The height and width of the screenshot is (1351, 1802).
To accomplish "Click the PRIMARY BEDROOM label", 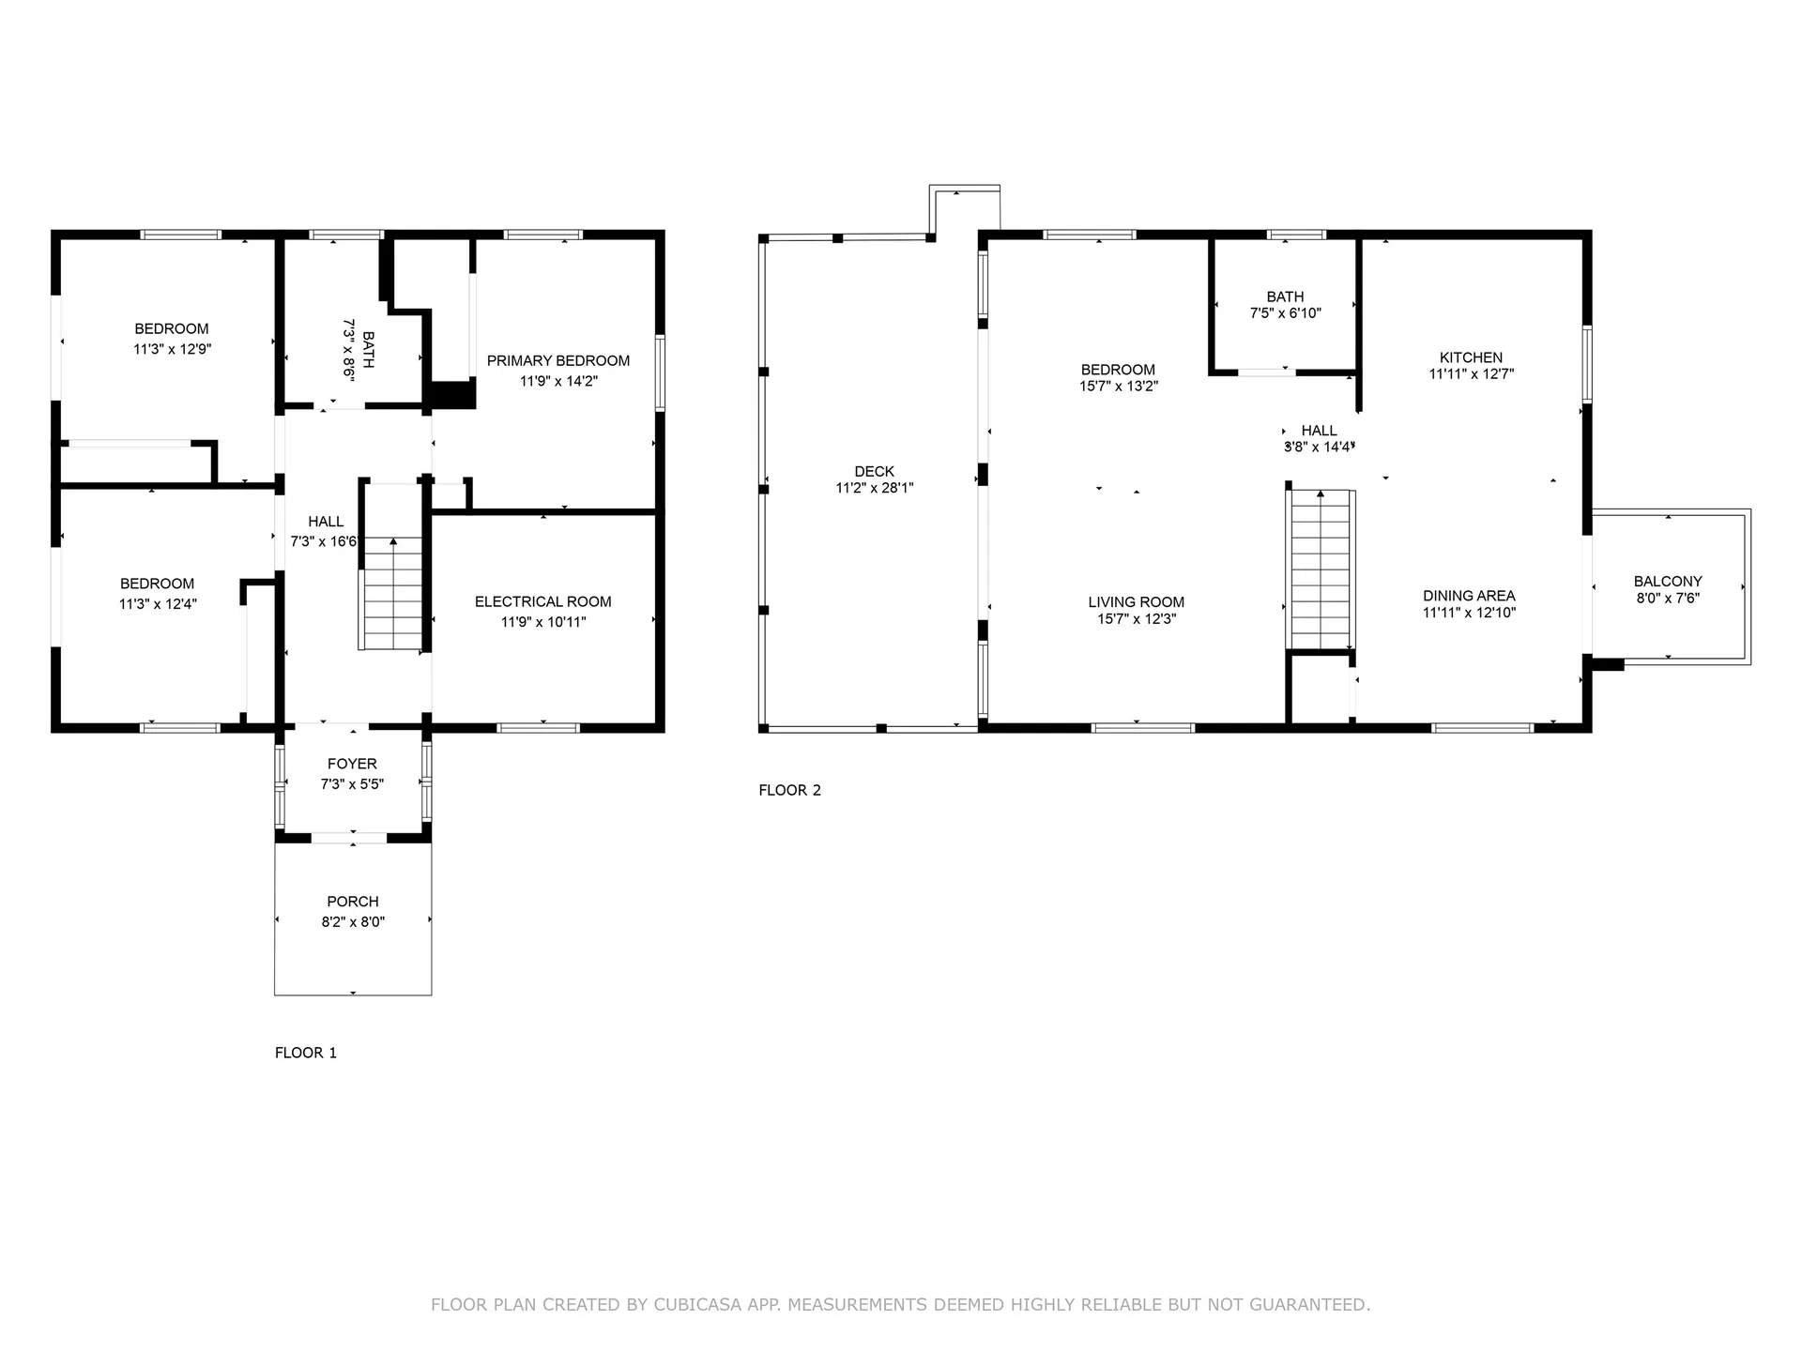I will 557,361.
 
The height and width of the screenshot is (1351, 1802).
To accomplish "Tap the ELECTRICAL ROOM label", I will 542,601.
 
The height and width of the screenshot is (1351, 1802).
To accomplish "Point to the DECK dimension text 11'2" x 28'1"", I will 874,488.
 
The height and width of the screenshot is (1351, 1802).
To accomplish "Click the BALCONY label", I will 1667,581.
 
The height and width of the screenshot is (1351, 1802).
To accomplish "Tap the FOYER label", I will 352,764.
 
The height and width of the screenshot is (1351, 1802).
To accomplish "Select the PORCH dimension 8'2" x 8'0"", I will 353,921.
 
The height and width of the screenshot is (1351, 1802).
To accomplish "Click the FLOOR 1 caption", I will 305,1053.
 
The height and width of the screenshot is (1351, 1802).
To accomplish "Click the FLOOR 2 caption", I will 789,790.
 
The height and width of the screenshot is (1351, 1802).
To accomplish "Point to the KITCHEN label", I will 1471,357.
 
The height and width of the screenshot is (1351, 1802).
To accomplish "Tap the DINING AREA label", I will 1469,596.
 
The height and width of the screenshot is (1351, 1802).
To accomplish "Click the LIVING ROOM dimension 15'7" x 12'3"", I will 1136,619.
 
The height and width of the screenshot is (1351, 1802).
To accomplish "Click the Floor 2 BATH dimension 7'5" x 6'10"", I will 1285,313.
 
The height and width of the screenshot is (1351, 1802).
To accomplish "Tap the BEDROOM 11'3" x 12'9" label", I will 171,328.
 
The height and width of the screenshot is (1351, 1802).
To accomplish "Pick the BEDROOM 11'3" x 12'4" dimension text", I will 158,604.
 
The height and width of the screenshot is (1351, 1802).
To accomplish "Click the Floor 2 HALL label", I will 1319,431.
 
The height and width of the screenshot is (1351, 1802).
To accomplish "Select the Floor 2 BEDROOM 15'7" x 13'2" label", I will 1118,370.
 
